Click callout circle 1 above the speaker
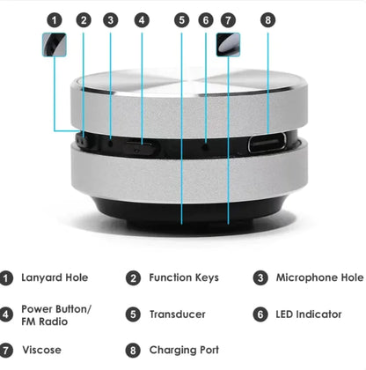pos(55,18)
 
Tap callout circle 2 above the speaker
pos(83,18)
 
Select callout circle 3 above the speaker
pos(110,18)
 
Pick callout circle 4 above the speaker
pos(143,18)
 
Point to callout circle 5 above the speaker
pos(181,18)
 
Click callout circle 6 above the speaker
pos(206,18)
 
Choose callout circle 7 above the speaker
pos(229,18)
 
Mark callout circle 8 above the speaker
pos(268,18)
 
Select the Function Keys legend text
pos(183,278)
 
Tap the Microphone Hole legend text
pos(319,278)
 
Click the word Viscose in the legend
pos(41,350)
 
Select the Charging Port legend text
pos(185,350)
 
